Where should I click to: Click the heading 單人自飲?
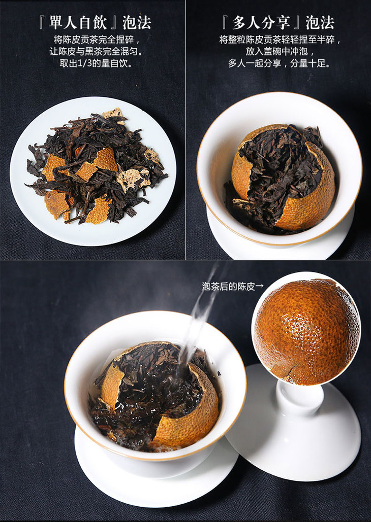(x=78, y=23)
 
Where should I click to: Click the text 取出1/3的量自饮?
(x=96, y=63)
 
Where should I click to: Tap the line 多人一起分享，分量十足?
(x=279, y=63)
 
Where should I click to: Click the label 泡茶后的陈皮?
(x=228, y=286)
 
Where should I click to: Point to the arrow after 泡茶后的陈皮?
(x=260, y=286)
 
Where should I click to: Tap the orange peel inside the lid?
(x=306, y=331)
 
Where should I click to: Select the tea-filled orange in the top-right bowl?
(x=283, y=177)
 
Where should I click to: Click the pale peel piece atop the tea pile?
(x=113, y=114)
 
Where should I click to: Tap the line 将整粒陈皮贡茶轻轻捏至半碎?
(x=280, y=40)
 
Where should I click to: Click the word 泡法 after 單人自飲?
(x=137, y=23)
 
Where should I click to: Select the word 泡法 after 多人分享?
(x=320, y=23)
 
